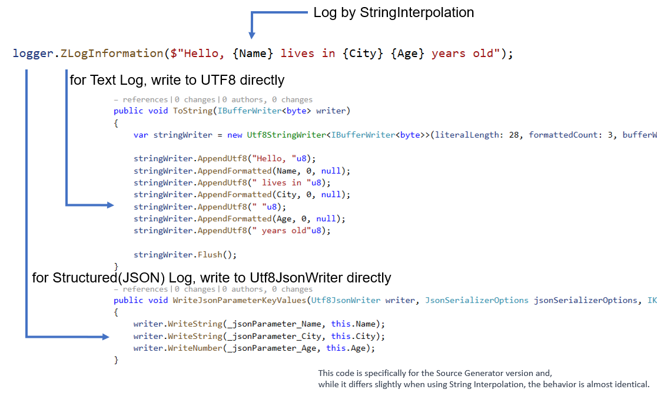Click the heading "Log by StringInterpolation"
click(x=393, y=12)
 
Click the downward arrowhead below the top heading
click(x=252, y=35)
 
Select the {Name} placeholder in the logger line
click(x=253, y=54)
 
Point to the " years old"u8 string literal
click(x=288, y=231)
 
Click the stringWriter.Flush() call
click(x=185, y=255)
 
